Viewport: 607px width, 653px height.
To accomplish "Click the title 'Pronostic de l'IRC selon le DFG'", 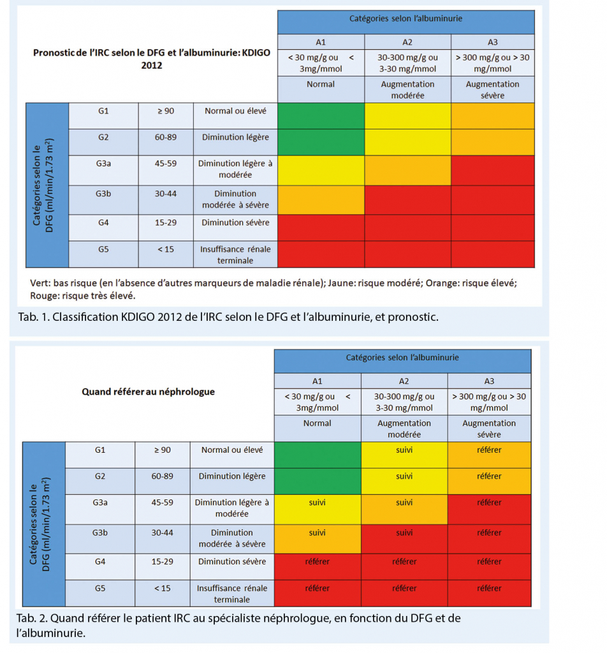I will click(152, 59).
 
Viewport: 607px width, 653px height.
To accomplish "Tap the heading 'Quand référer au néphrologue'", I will click(148, 392).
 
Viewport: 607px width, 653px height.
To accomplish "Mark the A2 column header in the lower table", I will click(404, 381).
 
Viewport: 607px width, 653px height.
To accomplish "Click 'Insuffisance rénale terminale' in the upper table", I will click(235, 254).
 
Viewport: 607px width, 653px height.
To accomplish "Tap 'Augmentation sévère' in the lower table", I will click(489, 429).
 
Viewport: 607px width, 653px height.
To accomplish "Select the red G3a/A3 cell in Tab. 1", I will click(492, 170).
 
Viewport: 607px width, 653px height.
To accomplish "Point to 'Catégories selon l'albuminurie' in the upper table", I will click(406, 19).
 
